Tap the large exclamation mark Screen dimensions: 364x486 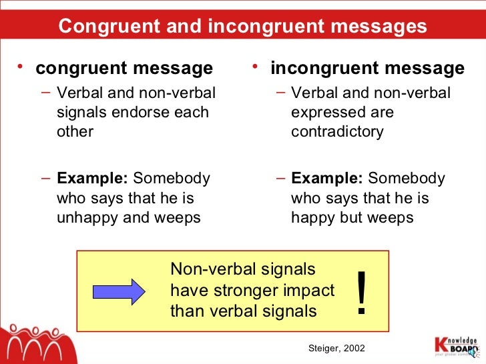click(x=362, y=294)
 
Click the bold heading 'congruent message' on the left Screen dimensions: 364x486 click(x=124, y=68)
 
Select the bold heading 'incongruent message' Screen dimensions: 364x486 click(x=367, y=68)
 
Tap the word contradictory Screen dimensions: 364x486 click(x=337, y=131)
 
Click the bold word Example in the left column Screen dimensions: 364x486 click(x=92, y=179)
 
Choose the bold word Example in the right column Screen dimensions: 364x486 click(x=326, y=179)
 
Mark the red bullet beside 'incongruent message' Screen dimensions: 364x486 click(x=256, y=66)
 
